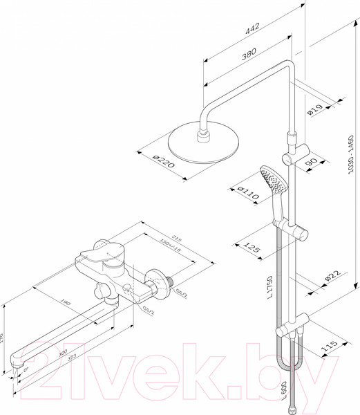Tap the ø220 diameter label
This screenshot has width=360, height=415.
(x=162, y=163)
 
